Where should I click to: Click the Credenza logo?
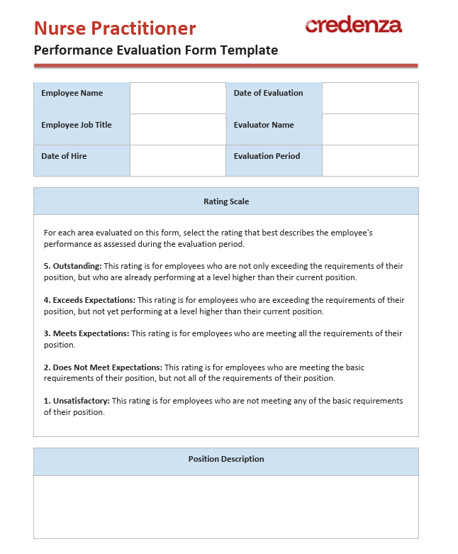pos(353,26)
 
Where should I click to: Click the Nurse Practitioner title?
pos(115,28)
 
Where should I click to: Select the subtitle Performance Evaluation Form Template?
pos(156,50)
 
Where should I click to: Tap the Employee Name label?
pos(72,93)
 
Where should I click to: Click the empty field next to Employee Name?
pos(177,98)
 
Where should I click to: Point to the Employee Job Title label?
pos(77,125)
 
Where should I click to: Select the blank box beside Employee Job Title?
pos(177,129)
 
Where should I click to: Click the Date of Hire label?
pos(64,156)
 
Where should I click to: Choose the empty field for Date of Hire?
pos(177,160)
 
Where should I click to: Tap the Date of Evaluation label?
pos(268,93)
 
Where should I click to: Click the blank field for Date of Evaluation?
pos(370,98)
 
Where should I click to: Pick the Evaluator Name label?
pos(264,125)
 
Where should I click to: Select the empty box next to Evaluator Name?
pos(370,129)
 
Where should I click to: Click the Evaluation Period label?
pos(267,156)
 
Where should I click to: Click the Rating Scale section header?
pos(226,201)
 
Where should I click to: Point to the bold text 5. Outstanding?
pos(72,266)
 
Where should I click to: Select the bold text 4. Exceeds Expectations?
pos(89,300)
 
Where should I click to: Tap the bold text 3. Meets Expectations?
pos(86,333)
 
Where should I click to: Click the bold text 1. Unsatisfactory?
pos(77,401)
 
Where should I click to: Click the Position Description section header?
pos(226,459)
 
